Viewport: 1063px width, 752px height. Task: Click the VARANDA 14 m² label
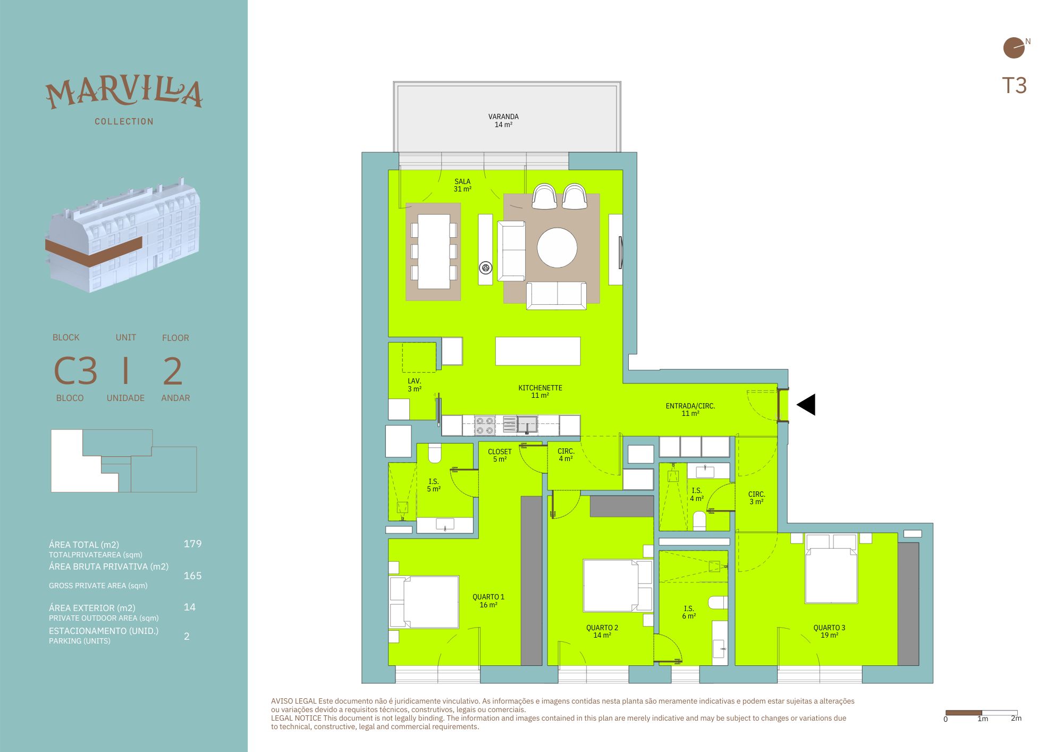click(503, 121)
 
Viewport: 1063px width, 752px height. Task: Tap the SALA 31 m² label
click(462, 185)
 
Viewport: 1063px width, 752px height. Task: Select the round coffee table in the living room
click(557, 248)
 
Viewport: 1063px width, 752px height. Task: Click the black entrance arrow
click(806, 405)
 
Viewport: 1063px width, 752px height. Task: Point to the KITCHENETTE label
click(540, 388)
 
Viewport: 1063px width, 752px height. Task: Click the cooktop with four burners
click(484, 425)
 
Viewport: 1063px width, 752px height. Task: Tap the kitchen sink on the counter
click(527, 425)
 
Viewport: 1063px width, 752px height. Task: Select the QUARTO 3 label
click(829, 628)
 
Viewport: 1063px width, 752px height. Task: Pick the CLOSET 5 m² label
click(500, 455)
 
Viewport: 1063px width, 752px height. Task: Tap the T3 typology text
click(1014, 86)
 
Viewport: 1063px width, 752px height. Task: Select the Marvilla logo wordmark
click(124, 93)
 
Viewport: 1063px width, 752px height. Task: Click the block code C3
click(75, 371)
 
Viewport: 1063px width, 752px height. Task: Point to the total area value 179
click(192, 544)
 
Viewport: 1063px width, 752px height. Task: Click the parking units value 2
click(187, 636)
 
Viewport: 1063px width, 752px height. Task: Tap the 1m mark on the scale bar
click(983, 718)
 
